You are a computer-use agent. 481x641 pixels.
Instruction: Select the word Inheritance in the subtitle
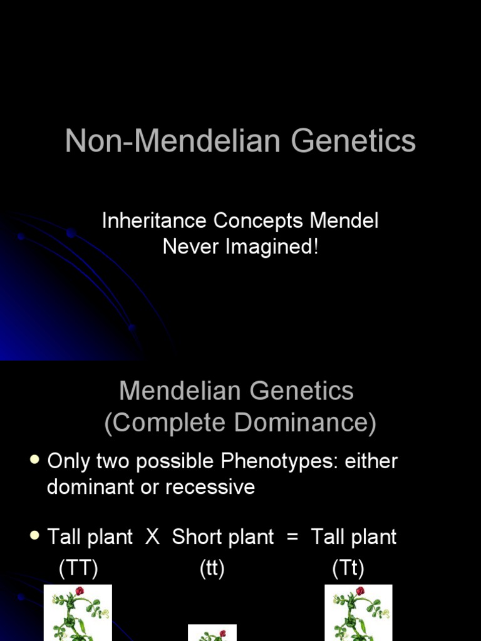[154, 221]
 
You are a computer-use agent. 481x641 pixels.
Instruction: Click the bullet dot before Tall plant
[35, 536]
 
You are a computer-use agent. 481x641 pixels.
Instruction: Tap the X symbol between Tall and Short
[152, 537]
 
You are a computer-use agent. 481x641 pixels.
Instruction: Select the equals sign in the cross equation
[292, 537]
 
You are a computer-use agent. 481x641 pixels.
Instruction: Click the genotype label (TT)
[78, 568]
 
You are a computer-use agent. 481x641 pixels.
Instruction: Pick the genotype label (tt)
[212, 568]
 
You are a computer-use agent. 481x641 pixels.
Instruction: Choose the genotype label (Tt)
[348, 568]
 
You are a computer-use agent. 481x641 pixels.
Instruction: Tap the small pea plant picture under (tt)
[212, 633]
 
